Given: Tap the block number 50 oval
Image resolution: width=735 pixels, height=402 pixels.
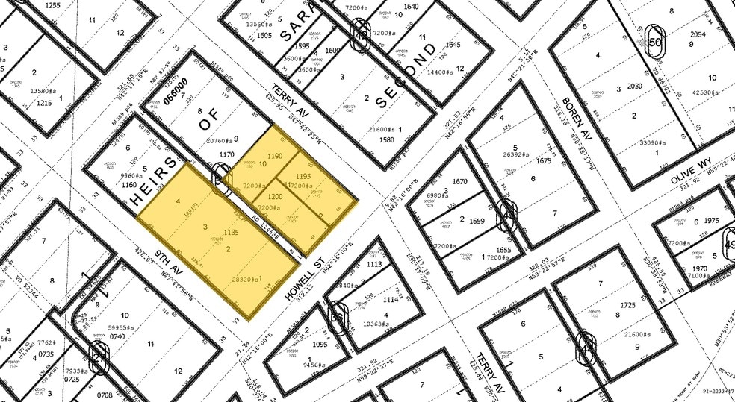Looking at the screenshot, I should click(657, 43).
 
